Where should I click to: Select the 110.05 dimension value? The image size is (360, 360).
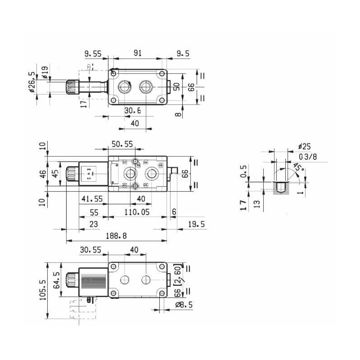tap(138, 211)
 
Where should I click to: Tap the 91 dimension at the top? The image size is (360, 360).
tap(138, 53)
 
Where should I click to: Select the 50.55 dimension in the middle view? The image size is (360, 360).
tap(122, 144)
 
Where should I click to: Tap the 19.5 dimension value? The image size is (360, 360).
tap(196, 224)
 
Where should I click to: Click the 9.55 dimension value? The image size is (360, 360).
tap(93, 53)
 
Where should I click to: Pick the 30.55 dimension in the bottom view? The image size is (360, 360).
tap(93, 249)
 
